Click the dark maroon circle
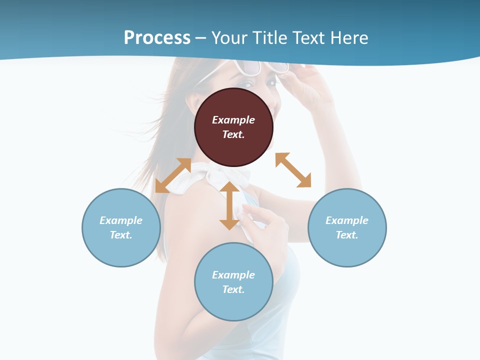pyautogui.click(x=233, y=127)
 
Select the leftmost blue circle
pyautogui.click(x=121, y=227)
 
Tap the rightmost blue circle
pyautogui.click(x=347, y=227)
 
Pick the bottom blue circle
pyautogui.click(x=233, y=282)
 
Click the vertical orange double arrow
pyautogui.click(x=229, y=205)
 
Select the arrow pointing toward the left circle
pyautogui.click(x=173, y=175)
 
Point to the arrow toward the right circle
pyautogui.click(x=293, y=170)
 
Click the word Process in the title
pyautogui.click(x=157, y=38)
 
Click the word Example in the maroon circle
pyautogui.click(x=233, y=120)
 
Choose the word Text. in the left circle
pyautogui.click(x=121, y=235)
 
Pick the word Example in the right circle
pyautogui.click(x=347, y=220)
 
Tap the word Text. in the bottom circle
pyautogui.click(x=233, y=289)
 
